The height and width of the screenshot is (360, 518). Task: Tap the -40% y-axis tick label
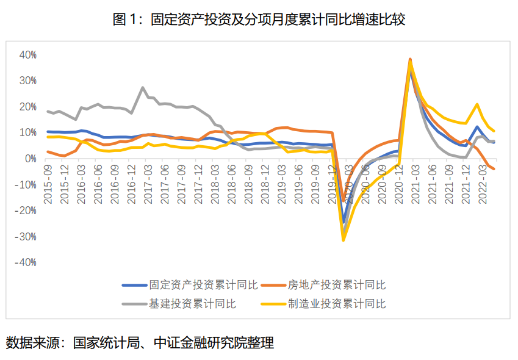pos(26,262)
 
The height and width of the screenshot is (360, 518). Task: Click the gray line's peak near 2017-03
pos(143,88)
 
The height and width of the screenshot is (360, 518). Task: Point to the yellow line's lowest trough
pos(344,240)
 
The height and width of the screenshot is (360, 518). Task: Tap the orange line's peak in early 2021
pos(410,60)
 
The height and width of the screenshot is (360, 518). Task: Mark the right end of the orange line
pos(494,168)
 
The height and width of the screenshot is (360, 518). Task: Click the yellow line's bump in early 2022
pos(477,104)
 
